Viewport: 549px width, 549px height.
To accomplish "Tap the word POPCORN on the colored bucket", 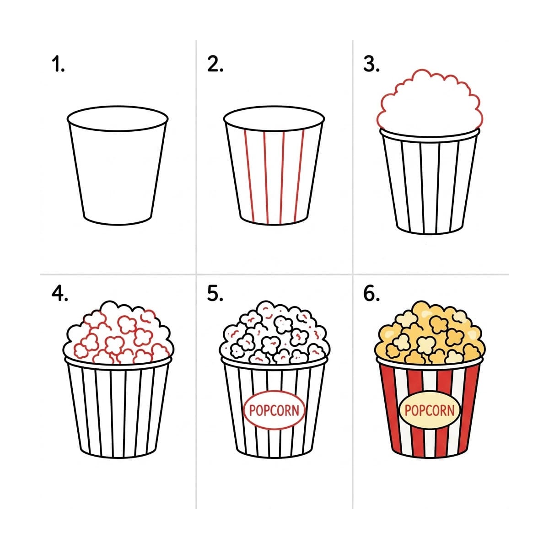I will pos(430,410).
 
